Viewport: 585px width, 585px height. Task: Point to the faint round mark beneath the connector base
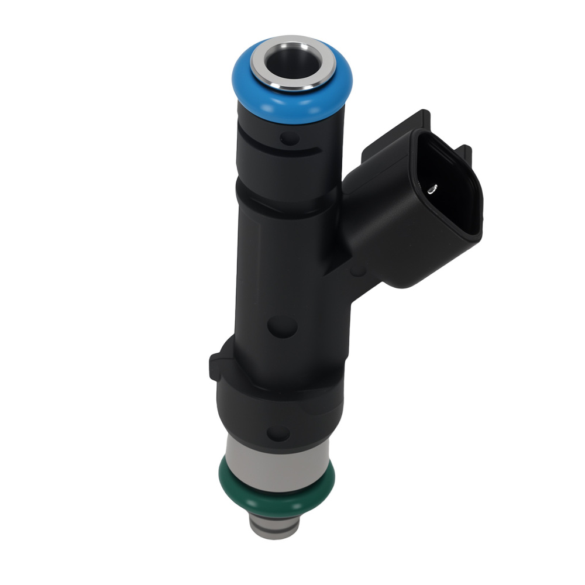(358, 270)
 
